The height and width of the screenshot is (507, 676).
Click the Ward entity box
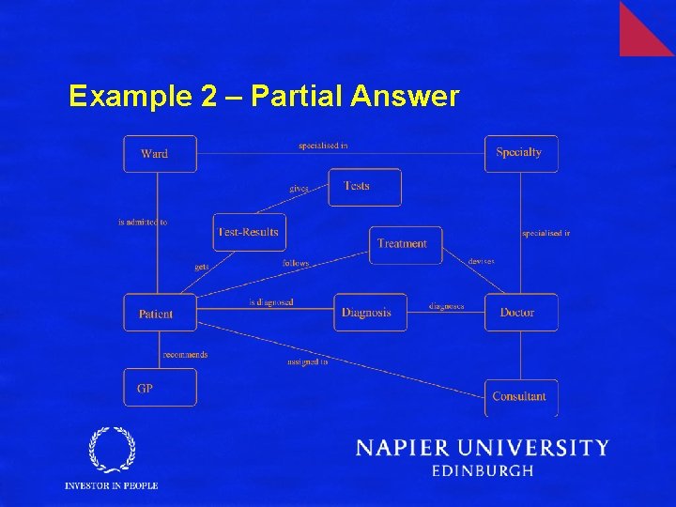click(x=160, y=154)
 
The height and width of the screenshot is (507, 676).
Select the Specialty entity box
click(x=521, y=153)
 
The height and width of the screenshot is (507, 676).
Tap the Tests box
click(x=364, y=187)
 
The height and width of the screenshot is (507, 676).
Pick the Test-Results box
click(x=249, y=232)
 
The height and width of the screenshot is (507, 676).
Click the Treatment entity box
click(x=405, y=244)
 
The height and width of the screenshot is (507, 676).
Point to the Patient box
click(x=160, y=313)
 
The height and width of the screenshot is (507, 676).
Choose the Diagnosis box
click(x=370, y=313)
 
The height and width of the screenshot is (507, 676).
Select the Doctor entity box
click(x=521, y=313)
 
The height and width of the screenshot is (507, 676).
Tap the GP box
click(x=160, y=388)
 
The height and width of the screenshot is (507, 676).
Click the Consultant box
click(x=521, y=397)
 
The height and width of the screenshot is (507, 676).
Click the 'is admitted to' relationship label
click(x=143, y=223)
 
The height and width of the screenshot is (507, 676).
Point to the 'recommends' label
click(x=185, y=355)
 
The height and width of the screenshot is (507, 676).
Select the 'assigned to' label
click(x=308, y=361)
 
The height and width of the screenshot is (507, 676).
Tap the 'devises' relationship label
click(x=482, y=261)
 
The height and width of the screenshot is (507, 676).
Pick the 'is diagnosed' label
click(x=271, y=302)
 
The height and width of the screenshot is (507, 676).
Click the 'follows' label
click(x=296, y=264)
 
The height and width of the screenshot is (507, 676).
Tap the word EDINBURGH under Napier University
click(x=483, y=471)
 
